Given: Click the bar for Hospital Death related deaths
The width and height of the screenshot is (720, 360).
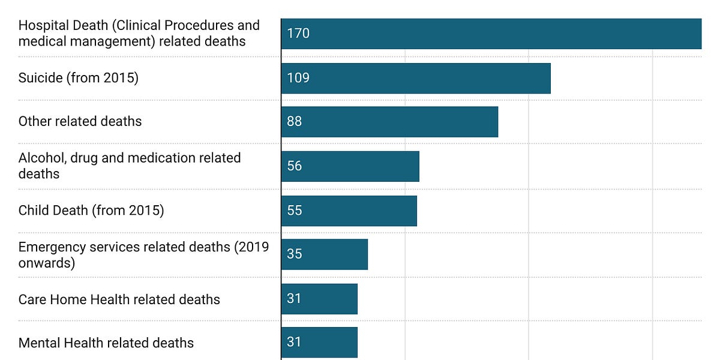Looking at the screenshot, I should tap(491, 34).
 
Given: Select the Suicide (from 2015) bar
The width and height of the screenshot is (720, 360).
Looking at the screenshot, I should tap(415, 78).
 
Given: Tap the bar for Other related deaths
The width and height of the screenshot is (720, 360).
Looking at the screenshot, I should tap(389, 122).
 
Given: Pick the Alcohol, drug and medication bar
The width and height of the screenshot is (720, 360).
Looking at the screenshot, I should tap(350, 166).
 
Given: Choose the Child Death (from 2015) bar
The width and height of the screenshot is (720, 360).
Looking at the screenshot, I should tap(349, 211).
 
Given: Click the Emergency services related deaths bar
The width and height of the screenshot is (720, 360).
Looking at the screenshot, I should tap(324, 254).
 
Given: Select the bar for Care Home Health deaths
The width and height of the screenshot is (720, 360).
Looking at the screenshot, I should tap(319, 299).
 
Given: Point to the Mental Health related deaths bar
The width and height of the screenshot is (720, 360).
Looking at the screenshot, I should tap(319, 343).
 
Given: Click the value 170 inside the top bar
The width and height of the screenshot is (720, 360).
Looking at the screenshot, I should tap(298, 34).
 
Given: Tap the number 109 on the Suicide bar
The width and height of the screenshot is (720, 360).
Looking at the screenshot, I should tap(298, 78).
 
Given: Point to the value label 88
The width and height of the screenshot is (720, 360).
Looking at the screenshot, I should tap(295, 122).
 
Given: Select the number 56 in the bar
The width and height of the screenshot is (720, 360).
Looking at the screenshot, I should tap(295, 166).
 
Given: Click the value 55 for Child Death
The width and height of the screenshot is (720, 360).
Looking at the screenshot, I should tap(295, 211).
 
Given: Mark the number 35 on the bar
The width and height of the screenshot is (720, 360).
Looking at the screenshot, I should tap(295, 254).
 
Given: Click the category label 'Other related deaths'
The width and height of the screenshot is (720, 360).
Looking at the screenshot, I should tap(80, 121).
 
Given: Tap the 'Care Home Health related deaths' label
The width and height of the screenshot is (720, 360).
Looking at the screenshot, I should tap(119, 299).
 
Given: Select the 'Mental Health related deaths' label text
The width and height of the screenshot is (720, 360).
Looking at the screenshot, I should tap(106, 343).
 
